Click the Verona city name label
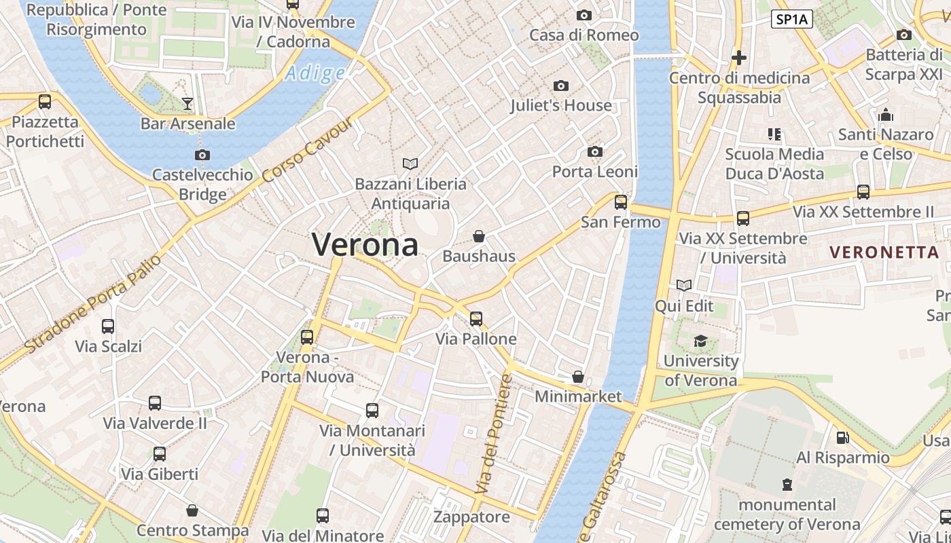(365, 244)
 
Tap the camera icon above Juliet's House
(561, 86)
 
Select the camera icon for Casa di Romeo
(584, 15)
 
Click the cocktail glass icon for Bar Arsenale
(187, 103)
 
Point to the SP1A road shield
(792, 19)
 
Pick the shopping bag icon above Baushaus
(479, 236)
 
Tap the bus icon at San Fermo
(620, 202)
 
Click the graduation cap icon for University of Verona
(700, 341)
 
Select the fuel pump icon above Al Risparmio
(842, 438)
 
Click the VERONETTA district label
(884, 252)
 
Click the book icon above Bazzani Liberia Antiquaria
(410, 164)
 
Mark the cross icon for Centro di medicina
(738, 58)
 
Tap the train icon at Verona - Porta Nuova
(307, 337)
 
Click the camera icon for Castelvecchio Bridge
(202, 155)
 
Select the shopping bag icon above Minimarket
(578, 376)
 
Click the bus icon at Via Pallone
(476, 318)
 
